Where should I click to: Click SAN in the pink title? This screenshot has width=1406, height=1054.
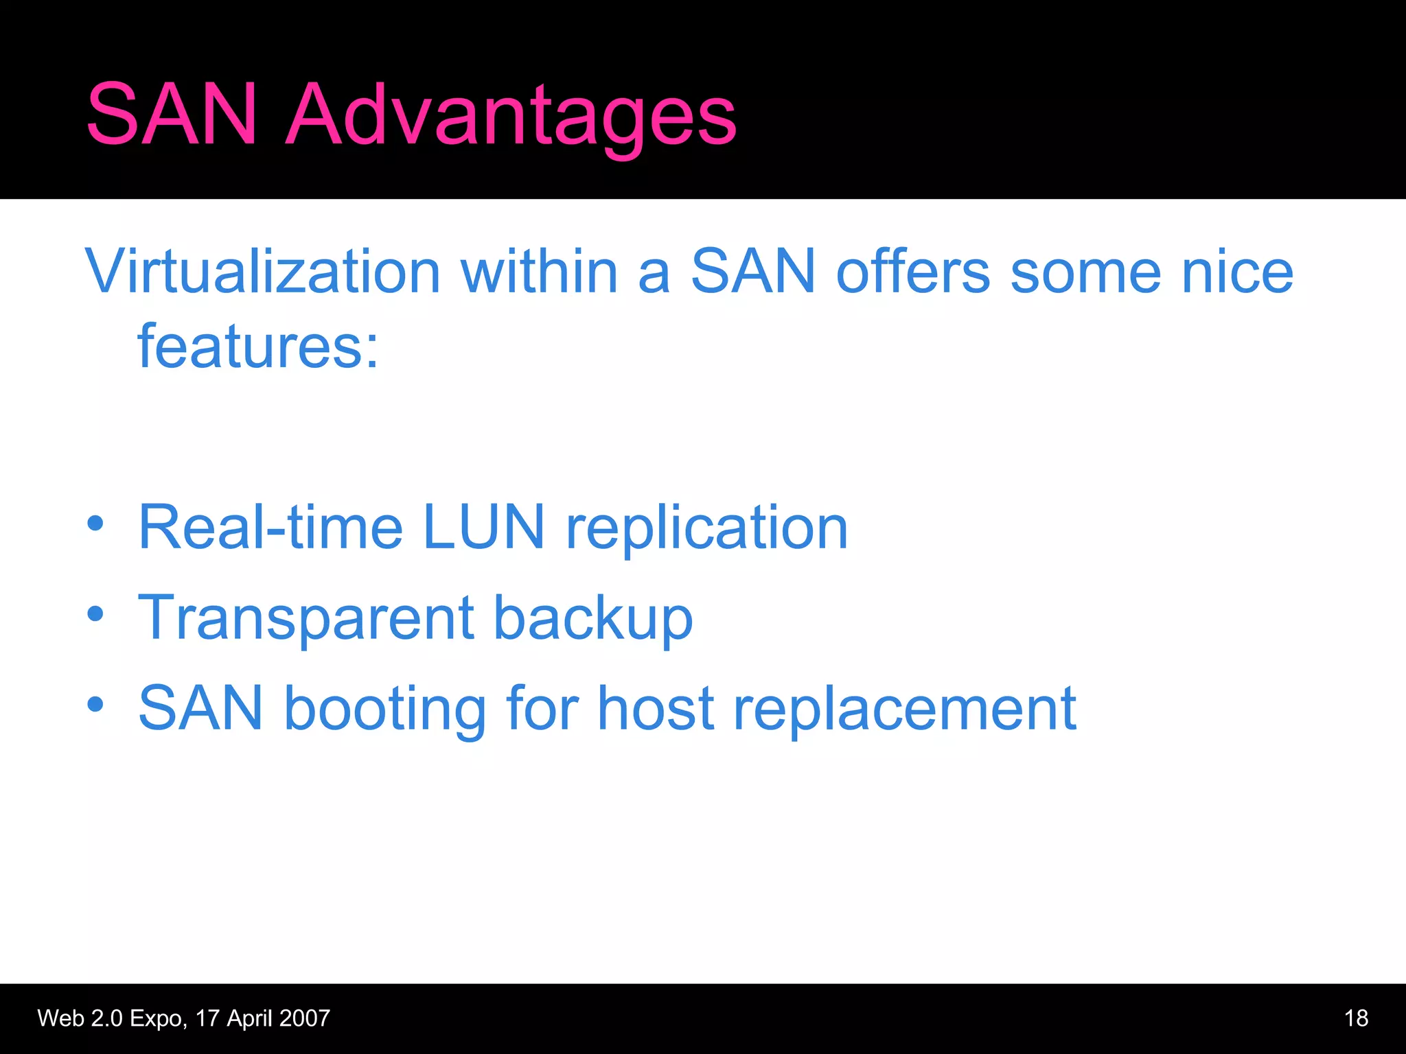[172, 115]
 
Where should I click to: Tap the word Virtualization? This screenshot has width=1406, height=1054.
[262, 272]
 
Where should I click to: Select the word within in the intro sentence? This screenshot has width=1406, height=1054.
[540, 272]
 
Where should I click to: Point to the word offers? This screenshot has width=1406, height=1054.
[913, 272]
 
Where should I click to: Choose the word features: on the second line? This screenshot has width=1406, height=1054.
[258, 347]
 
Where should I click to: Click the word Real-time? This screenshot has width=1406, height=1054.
[270, 528]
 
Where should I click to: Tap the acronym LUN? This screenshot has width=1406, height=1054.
[483, 528]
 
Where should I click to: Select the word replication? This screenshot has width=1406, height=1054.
[707, 529]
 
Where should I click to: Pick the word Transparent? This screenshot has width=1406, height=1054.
[306, 619]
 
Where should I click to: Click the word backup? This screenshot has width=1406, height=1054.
[593, 619]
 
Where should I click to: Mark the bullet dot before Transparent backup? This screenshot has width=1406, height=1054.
[95, 613]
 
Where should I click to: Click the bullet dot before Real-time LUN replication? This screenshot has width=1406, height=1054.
[95, 524]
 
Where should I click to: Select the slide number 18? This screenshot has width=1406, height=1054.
[1356, 1018]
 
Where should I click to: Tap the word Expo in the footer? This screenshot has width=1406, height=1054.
[157, 1018]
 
